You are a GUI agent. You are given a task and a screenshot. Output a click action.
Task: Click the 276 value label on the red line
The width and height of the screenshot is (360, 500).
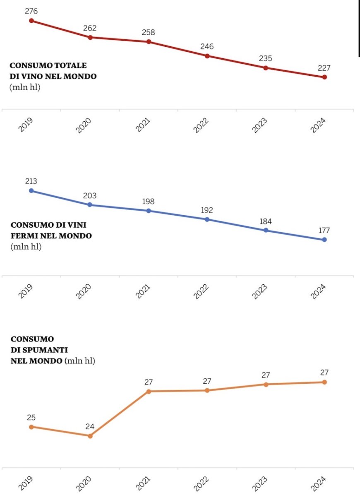pyautogui.click(x=31, y=11)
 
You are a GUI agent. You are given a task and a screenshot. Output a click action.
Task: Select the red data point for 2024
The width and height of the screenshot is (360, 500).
pyautogui.click(x=324, y=77)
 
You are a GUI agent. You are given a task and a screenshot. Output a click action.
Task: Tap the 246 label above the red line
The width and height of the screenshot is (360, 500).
pyautogui.click(x=207, y=46)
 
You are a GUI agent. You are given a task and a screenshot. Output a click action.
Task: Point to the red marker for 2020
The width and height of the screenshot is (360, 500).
pyautogui.click(x=90, y=37)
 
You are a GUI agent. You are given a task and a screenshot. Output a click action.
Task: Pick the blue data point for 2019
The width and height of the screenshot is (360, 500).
pyautogui.click(x=31, y=190)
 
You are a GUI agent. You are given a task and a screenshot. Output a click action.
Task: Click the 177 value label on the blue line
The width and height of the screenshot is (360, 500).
pyautogui.click(x=324, y=231)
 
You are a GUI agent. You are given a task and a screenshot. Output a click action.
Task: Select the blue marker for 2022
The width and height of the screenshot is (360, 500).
pyautogui.click(x=207, y=219)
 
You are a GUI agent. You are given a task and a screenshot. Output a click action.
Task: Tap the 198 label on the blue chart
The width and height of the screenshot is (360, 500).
pyautogui.click(x=148, y=202)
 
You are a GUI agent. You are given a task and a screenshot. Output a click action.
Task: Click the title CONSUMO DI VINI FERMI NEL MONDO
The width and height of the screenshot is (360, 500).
pyautogui.click(x=51, y=230)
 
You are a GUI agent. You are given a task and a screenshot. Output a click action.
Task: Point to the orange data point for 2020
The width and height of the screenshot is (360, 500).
pyautogui.click(x=90, y=436)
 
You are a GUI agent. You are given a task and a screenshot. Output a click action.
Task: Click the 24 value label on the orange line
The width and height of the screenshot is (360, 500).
pyautogui.click(x=90, y=426)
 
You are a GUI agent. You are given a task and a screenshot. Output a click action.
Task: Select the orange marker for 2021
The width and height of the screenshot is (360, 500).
pyautogui.click(x=149, y=391)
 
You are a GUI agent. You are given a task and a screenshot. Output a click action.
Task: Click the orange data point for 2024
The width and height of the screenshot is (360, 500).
pyautogui.click(x=324, y=382)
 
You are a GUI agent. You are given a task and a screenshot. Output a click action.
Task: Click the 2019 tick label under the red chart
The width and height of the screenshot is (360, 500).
pyautogui.click(x=26, y=125)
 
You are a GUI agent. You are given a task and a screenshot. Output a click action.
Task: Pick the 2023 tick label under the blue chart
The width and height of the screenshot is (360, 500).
pyautogui.click(x=260, y=291)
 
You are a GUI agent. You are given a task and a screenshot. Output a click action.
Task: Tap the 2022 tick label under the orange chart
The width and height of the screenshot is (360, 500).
pyautogui.click(x=202, y=483)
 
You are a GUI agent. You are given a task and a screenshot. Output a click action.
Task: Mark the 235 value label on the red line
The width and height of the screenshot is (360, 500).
pyautogui.click(x=266, y=58)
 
